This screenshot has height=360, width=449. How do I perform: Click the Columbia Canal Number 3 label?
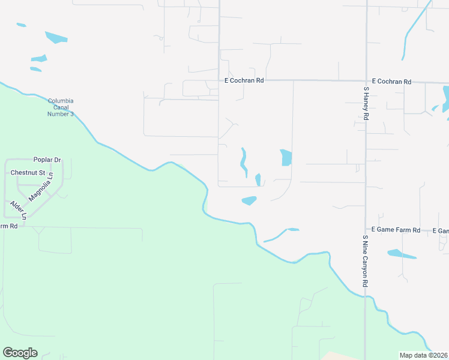click(x=61, y=107)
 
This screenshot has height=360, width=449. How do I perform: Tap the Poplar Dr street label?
click(x=47, y=160)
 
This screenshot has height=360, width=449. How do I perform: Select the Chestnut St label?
click(x=28, y=173)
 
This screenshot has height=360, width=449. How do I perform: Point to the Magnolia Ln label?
click(x=41, y=188)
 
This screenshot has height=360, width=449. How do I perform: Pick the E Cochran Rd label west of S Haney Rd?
click(x=244, y=80)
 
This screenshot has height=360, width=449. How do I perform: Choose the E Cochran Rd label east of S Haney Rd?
click(x=391, y=82)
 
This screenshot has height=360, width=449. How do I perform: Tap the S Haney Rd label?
click(x=366, y=103)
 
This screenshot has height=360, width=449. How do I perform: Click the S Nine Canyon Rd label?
click(x=365, y=260)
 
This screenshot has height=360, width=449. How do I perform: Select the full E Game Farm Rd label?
click(x=397, y=230)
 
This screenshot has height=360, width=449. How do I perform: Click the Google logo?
click(x=20, y=353)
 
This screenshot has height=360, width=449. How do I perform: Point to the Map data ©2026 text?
click(x=424, y=355)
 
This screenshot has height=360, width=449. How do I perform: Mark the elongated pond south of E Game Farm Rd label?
click(x=401, y=254)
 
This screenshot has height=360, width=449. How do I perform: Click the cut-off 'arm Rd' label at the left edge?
click(x=8, y=226)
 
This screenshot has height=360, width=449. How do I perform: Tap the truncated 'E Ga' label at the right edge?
click(x=443, y=231)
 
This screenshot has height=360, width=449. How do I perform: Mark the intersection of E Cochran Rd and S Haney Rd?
click(x=366, y=80)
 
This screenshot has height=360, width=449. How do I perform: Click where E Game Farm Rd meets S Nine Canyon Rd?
click(x=366, y=230)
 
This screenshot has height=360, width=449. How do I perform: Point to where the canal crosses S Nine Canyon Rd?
click(x=366, y=295)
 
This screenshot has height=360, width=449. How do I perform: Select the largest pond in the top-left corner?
click(x=56, y=37)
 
